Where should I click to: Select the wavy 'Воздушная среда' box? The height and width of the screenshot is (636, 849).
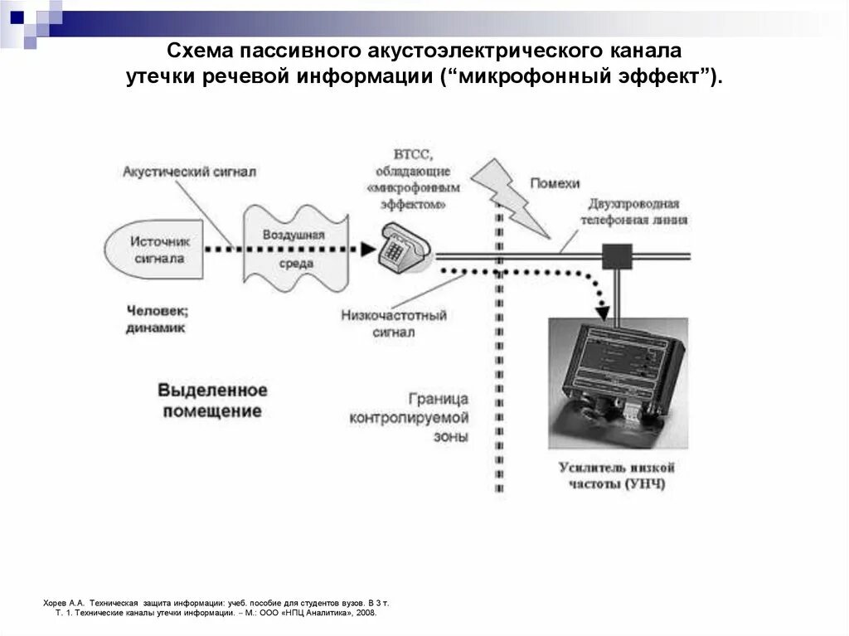click(x=294, y=249)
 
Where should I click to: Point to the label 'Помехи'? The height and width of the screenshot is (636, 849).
click(x=554, y=184)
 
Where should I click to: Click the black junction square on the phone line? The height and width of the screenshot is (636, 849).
click(x=617, y=256)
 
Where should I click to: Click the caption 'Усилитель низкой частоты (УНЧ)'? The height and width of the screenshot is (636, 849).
click(x=616, y=476)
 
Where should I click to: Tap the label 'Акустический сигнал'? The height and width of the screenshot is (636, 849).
click(x=189, y=172)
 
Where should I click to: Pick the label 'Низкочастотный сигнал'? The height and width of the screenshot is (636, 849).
click(x=393, y=323)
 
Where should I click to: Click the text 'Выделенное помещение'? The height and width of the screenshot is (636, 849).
click(x=212, y=400)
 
